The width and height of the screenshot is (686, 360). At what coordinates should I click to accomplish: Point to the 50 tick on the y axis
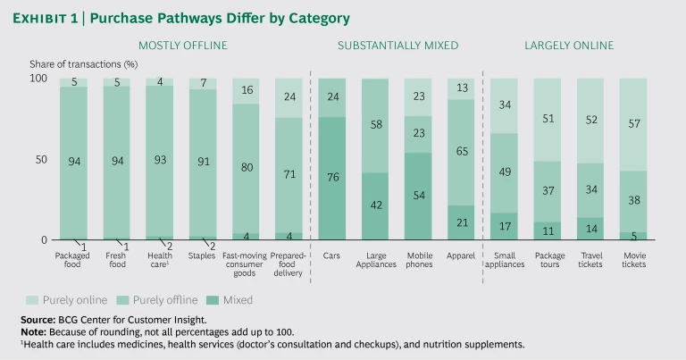(x=40, y=159)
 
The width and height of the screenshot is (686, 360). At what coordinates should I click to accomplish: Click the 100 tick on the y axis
(x=38, y=80)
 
